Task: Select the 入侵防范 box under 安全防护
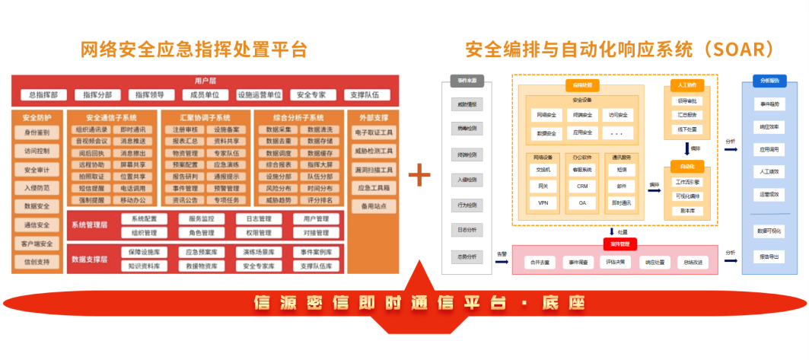pyautogui.click(x=37, y=187)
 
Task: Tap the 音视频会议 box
pyautogui.click(x=90, y=142)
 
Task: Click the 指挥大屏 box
pyautogui.click(x=319, y=164)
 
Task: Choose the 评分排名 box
pyautogui.click(x=319, y=200)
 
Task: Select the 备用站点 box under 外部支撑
pyautogui.click(x=373, y=205)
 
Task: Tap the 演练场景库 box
pyautogui.click(x=259, y=252)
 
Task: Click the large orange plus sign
pyautogui.click(x=419, y=175)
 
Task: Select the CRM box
pyautogui.click(x=582, y=186)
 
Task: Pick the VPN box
pyautogui.click(x=543, y=202)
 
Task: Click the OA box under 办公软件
pyautogui.click(x=582, y=202)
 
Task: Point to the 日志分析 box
pyautogui.click(x=467, y=228)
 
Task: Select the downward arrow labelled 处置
pyautogui.click(x=612, y=232)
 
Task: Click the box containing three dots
pyautogui.click(x=616, y=132)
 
